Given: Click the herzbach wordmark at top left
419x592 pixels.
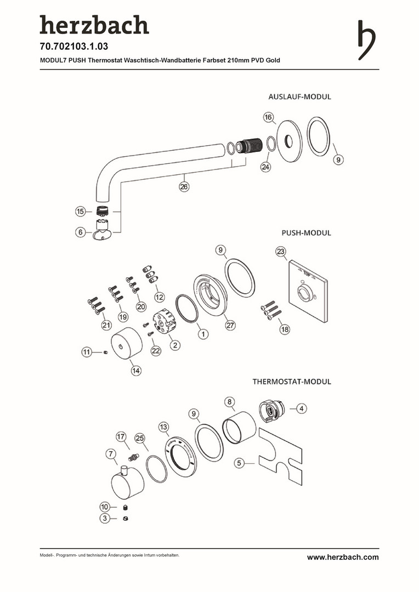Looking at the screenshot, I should coord(94,25).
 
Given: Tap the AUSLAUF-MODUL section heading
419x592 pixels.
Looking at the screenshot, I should coord(299,97).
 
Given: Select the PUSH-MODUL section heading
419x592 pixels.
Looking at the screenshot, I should coord(306,232).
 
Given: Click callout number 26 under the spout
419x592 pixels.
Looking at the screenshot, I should coord(184,187).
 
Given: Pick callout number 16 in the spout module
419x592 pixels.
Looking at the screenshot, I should coord(268,117).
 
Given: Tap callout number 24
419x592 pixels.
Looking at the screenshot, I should coord(265,167).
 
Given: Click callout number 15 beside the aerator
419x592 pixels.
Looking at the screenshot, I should coord(81,211).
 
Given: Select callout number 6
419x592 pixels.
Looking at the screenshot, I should coord(81,232).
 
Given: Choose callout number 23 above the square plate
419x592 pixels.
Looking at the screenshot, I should coord(281,252).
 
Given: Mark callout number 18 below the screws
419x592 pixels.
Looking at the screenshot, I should coord(284,329).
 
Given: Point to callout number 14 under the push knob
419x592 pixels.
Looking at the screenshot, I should coord(135,371).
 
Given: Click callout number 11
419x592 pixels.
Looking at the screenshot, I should coord(87,351).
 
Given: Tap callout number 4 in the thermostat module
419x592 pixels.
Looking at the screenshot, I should coord(302,408).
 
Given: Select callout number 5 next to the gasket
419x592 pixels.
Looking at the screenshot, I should coord(239,463).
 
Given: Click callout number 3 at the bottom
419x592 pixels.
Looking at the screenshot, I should coord(104,518).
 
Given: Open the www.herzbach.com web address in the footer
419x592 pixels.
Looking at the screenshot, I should coord(342,557).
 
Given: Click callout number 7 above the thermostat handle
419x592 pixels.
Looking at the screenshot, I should coord(111,454).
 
